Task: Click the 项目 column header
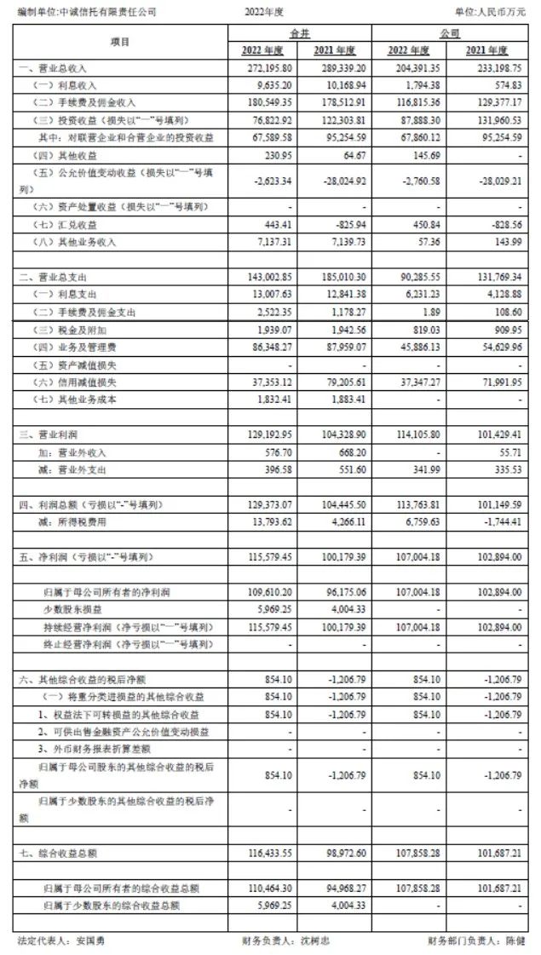119,41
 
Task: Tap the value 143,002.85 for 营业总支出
268,277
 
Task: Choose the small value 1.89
428,312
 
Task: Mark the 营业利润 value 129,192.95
268,435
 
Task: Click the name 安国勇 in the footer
89,941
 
